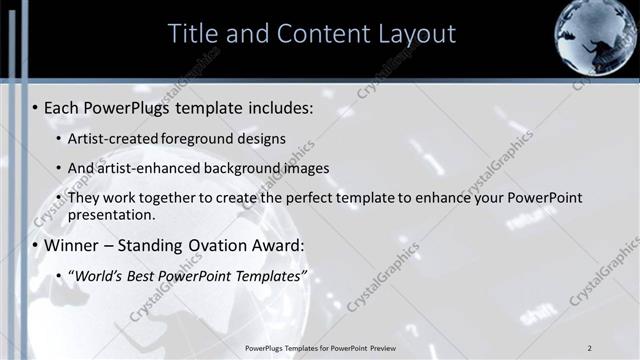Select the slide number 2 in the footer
pos(590,347)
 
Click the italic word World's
pos(99,274)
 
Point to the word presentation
pos(111,214)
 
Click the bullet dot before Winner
pos(35,245)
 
